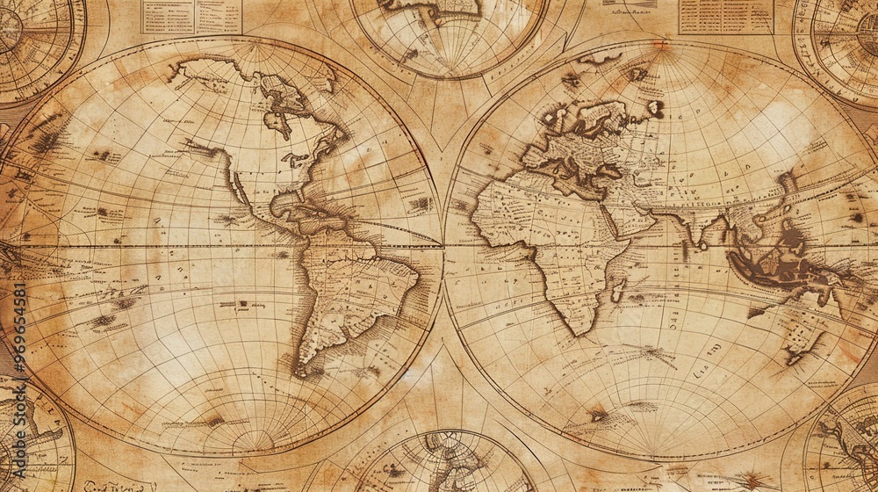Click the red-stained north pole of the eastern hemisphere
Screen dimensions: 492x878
(x=659, y=46)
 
